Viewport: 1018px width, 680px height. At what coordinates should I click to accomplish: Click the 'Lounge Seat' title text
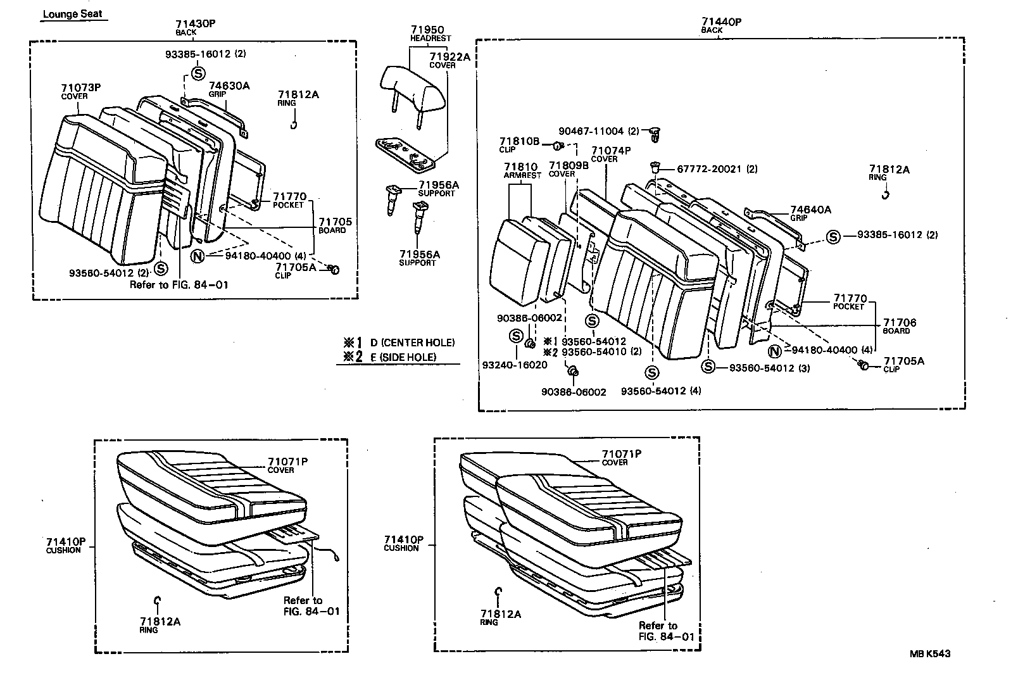(73, 14)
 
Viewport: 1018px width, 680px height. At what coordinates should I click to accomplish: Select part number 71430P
(196, 23)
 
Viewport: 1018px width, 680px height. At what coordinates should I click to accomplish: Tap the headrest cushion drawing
(413, 89)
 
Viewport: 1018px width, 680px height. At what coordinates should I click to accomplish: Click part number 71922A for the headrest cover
(450, 57)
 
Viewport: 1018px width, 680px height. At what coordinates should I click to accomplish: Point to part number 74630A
(229, 86)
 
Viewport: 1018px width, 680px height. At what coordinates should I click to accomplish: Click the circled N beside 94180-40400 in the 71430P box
(198, 256)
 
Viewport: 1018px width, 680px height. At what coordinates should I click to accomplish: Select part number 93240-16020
(515, 365)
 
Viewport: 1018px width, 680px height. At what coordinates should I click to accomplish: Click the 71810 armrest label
(520, 167)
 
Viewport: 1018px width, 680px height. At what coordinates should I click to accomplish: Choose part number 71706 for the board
(900, 323)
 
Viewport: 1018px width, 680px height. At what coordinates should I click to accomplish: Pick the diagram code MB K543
(930, 653)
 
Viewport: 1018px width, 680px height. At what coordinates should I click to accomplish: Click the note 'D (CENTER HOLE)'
(412, 343)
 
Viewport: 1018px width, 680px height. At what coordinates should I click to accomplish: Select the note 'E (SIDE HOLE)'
(403, 357)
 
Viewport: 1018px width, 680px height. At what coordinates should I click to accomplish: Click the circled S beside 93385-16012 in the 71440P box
(833, 237)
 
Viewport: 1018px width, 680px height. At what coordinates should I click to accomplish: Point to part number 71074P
(611, 151)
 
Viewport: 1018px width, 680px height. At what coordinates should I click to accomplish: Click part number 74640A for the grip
(810, 210)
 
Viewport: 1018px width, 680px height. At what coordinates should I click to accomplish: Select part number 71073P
(81, 88)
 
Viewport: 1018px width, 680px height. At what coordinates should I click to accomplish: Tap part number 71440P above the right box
(721, 22)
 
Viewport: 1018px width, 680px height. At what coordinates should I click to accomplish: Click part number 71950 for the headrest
(427, 30)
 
